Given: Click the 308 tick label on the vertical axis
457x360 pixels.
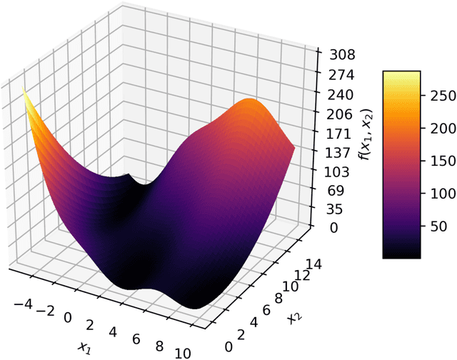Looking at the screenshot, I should coord(338,55).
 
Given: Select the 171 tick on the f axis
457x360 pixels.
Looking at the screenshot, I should coord(338,134).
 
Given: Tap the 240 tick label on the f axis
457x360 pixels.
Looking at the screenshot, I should coord(338,94).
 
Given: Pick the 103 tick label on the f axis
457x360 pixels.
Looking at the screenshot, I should coord(338,172).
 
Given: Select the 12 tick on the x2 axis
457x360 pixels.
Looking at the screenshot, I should coord(303,276).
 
